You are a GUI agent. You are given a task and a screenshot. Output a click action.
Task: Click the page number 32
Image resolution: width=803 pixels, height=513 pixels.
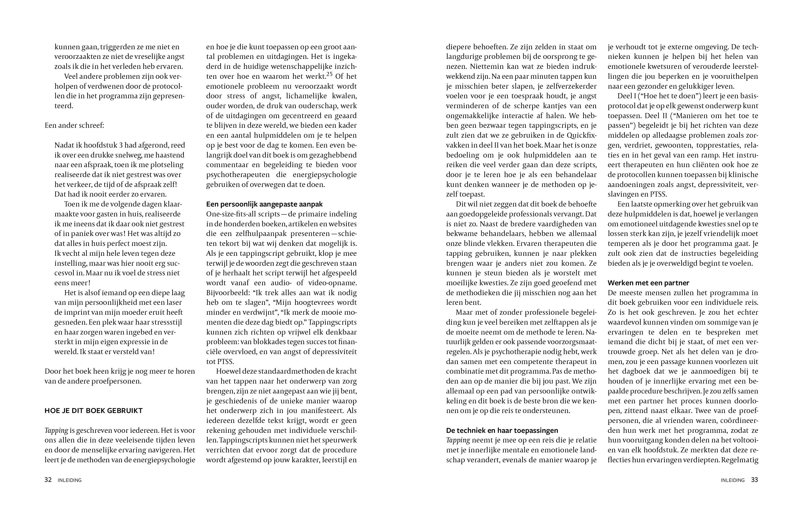[48, 480]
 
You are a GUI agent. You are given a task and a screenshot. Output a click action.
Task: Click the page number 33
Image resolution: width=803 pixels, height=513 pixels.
[754, 480]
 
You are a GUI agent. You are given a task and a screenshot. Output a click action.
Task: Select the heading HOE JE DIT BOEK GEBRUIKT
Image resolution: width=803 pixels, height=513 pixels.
[93, 411]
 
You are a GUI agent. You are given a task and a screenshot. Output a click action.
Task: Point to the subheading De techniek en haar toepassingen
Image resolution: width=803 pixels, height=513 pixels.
[502, 431]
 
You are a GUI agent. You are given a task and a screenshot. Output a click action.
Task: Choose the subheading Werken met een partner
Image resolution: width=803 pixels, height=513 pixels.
[648, 283]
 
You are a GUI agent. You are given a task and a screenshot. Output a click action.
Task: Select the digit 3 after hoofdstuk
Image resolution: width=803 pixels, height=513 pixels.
[121, 145]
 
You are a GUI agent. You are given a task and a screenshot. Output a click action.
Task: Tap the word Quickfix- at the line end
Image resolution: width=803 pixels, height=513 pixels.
[581, 135]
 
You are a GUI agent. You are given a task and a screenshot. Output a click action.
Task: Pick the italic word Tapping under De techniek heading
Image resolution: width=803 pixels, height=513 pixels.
[458, 440]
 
